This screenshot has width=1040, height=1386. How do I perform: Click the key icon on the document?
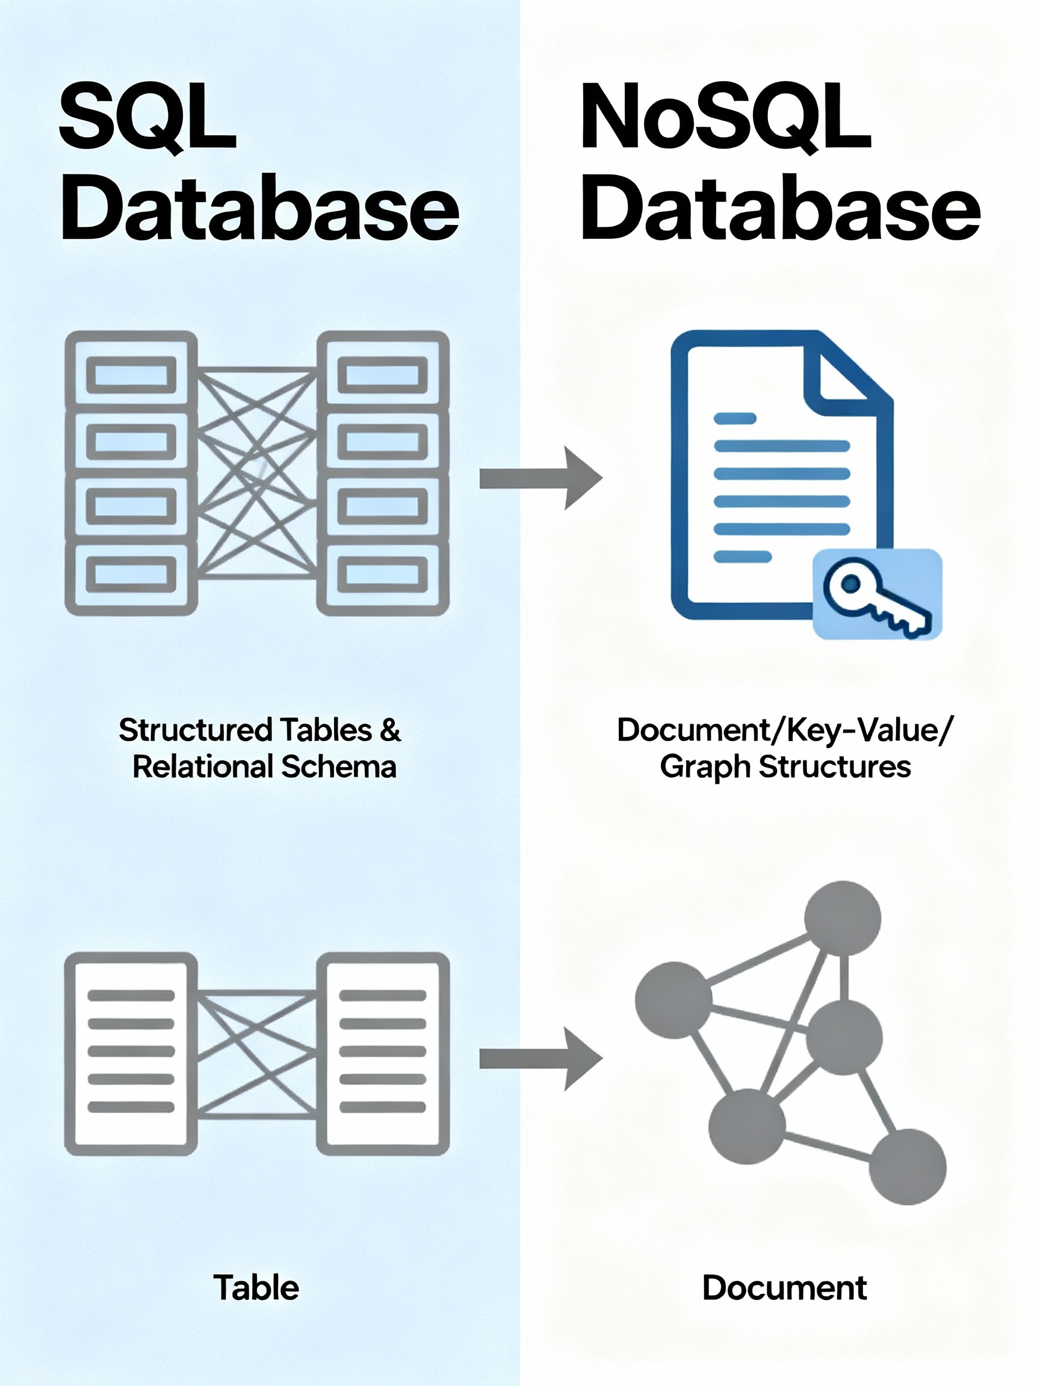[x=877, y=594]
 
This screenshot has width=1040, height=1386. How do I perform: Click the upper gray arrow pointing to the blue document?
[x=540, y=478]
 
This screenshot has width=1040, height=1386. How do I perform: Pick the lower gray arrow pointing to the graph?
[x=540, y=1059]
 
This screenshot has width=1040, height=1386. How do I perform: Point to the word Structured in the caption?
[x=196, y=730]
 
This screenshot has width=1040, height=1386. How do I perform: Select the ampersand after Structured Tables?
[x=390, y=730]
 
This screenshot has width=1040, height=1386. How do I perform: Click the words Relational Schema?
[x=265, y=767]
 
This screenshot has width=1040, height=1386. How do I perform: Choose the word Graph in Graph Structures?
[x=705, y=768]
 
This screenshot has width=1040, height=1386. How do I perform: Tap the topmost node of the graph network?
[x=843, y=919]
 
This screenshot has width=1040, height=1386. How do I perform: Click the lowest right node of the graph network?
[x=907, y=1167]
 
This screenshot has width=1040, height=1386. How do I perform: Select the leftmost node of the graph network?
[x=673, y=999]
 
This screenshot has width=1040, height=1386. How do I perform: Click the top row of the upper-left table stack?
[x=131, y=374]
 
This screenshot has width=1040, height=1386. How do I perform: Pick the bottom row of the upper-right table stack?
[x=383, y=574]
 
